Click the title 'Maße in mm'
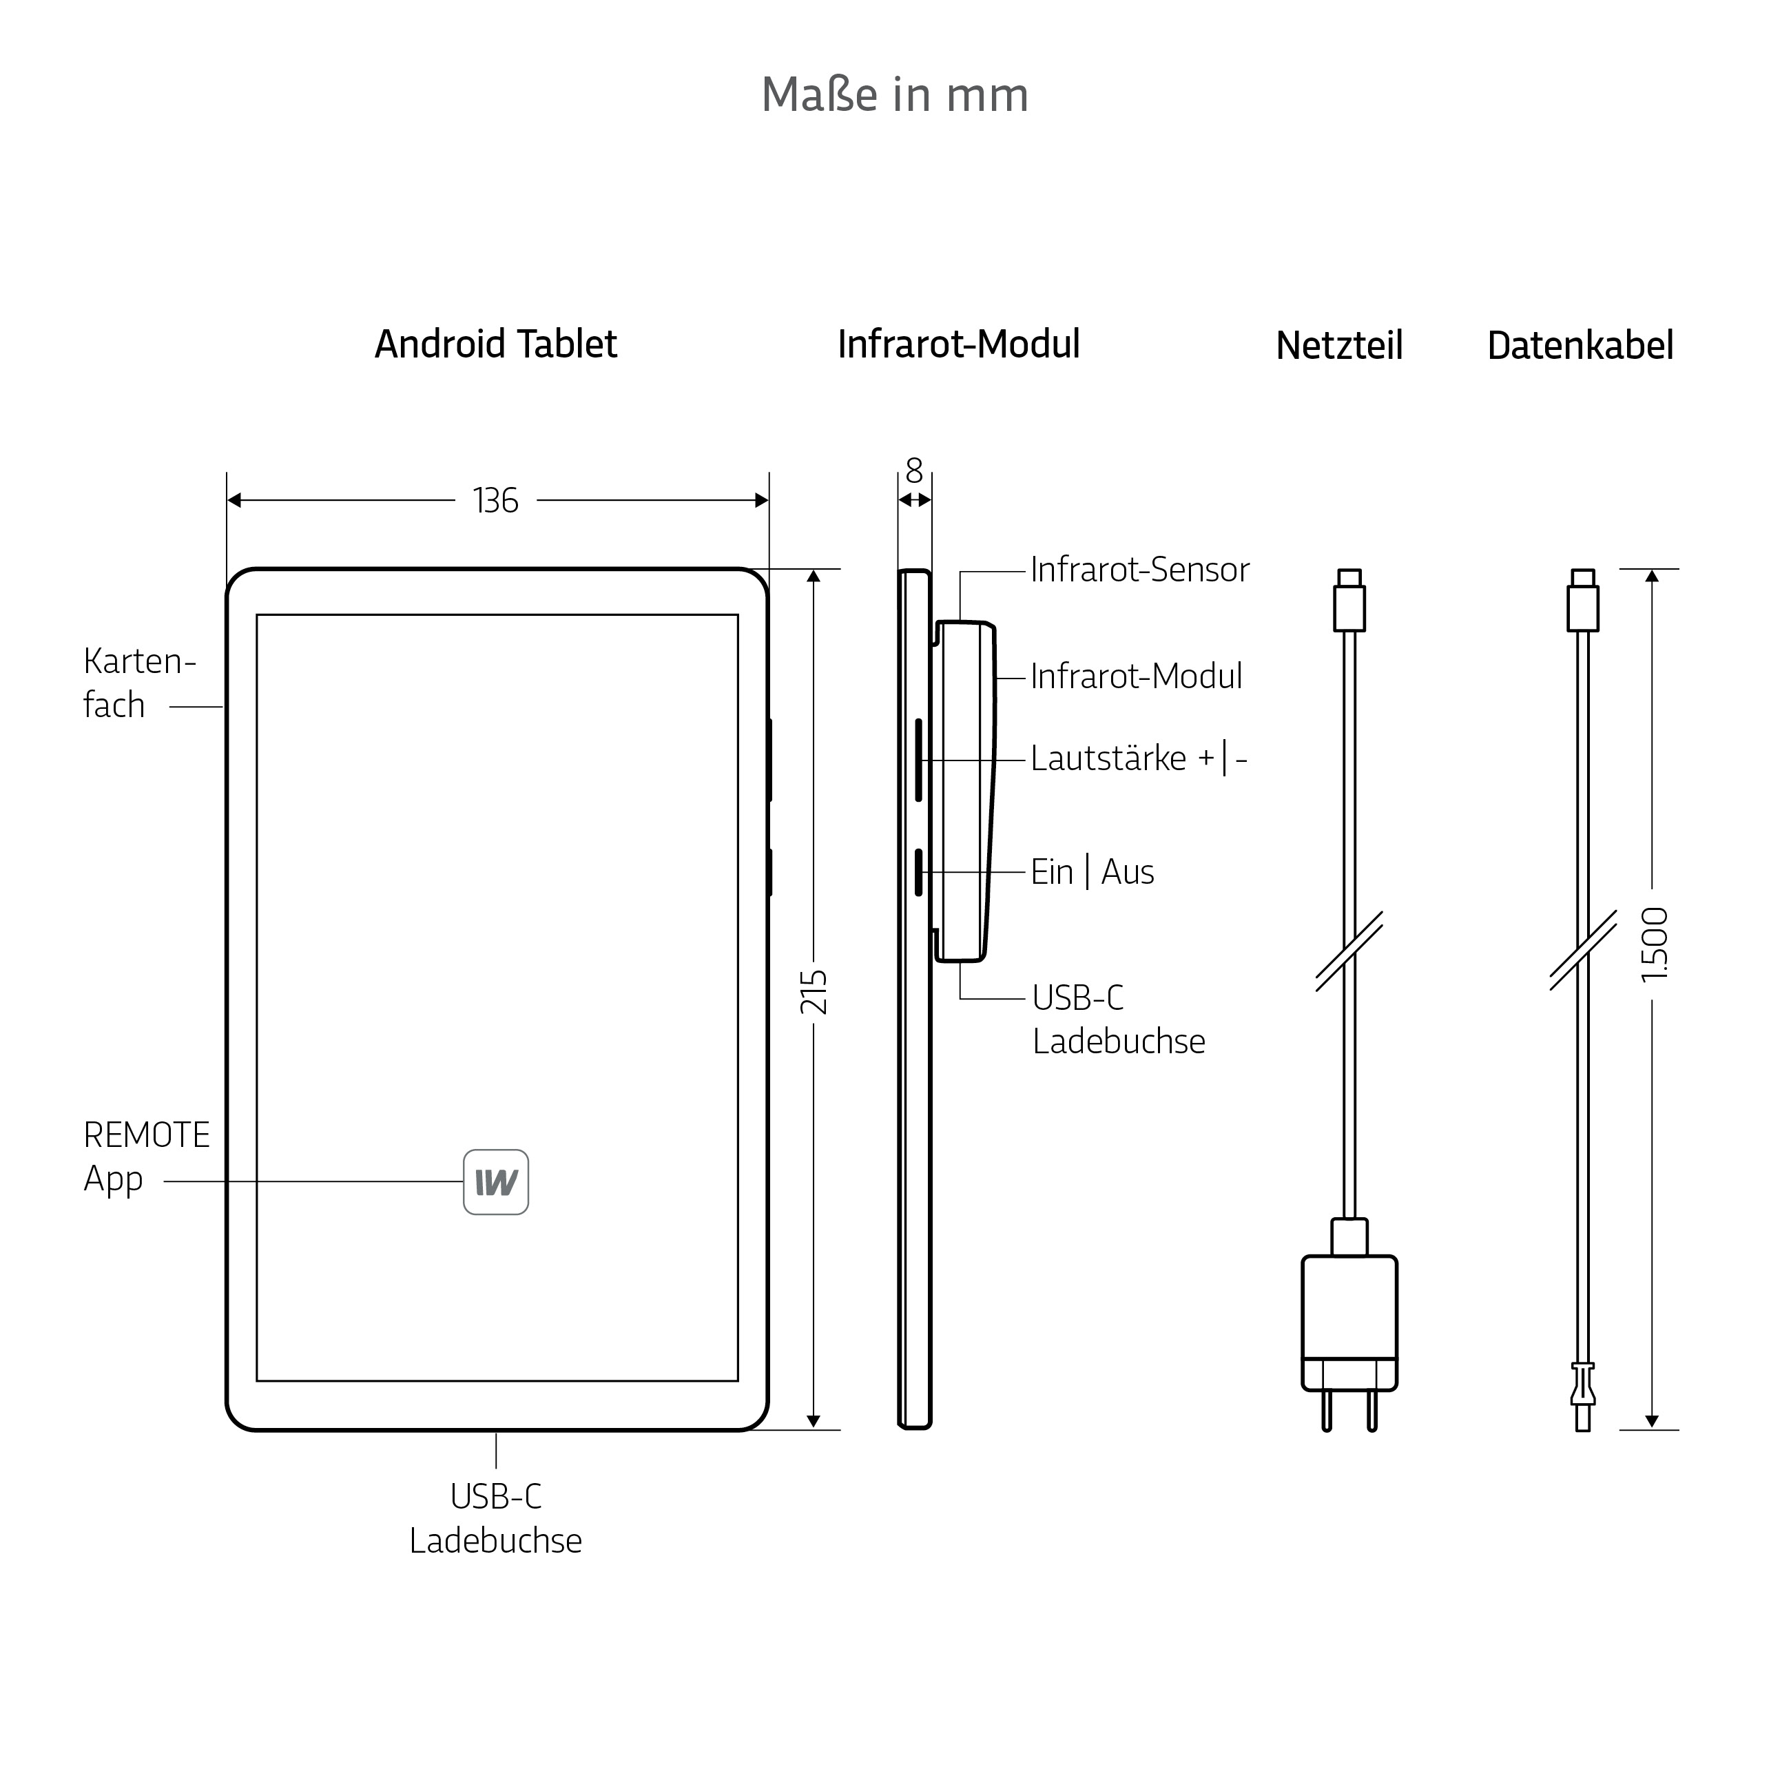click(x=895, y=94)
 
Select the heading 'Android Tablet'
click(x=496, y=344)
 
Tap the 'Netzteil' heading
click(x=1340, y=346)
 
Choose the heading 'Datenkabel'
click(x=1581, y=346)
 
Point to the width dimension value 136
click(x=496, y=501)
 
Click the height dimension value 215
click(x=814, y=992)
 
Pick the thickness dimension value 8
click(x=915, y=471)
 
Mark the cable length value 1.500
click(x=1653, y=944)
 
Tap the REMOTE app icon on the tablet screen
click(x=496, y=1182)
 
